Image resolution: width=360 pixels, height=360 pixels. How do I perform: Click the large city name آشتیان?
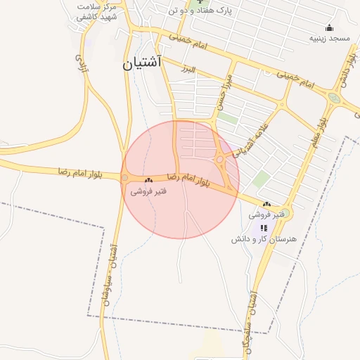[142, 63]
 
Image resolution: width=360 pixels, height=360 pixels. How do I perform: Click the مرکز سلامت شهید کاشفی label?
[97, 11]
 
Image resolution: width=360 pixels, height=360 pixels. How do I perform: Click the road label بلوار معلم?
[319, 126]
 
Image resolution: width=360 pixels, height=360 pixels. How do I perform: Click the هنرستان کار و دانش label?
[264, 239]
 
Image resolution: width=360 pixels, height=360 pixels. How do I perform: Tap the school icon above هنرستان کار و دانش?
[264, 228]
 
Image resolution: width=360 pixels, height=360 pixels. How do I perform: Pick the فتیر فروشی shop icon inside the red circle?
[148, 181]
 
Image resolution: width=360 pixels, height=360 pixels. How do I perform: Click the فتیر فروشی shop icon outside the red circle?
[266, 204]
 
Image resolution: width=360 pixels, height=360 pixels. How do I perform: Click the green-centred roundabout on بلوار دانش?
[333, 99]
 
